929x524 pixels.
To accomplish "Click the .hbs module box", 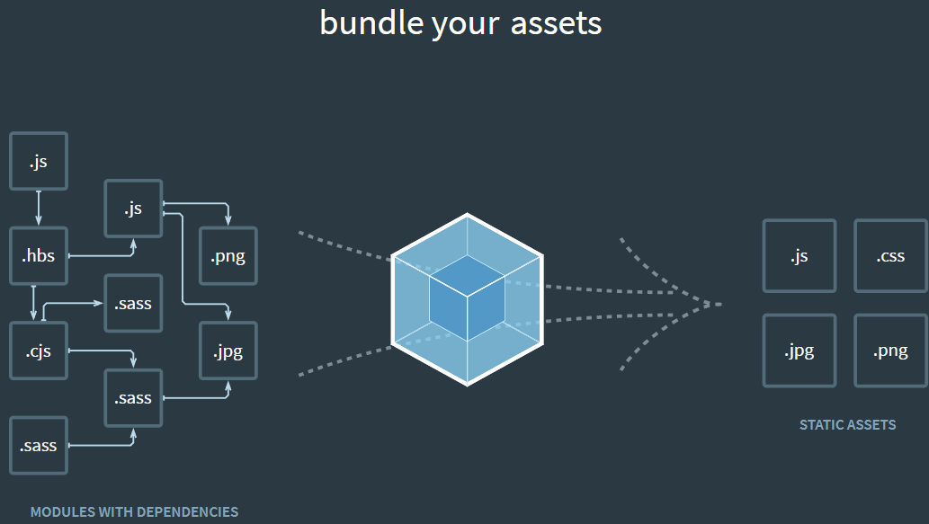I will click(39, 256).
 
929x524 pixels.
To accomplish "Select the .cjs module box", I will click(39, 351).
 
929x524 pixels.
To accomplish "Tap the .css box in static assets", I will click(890, 256).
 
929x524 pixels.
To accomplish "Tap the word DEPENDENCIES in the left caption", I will click(185, 512).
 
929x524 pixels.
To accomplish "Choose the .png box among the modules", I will click(228, 256).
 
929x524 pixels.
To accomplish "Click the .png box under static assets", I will click(890, 351).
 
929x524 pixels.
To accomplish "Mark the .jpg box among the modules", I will click(228, 351).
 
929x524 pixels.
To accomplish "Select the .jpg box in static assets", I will click(799, 351).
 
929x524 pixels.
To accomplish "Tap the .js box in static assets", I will click(799, 256).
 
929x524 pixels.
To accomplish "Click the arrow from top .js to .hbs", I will click(38, 209).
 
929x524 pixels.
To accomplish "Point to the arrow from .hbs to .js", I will click(103, 255).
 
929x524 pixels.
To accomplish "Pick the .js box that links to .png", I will click(133, 209).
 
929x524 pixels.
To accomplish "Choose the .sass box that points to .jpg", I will click(133, 397).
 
